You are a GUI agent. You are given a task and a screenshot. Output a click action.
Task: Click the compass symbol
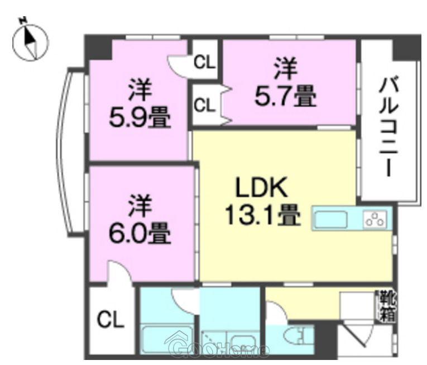[x=30, y=40]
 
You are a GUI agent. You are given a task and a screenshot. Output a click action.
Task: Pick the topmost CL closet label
[x=204, y=62]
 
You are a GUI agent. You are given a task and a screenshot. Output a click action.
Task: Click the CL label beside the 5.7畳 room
[x=204, y=105]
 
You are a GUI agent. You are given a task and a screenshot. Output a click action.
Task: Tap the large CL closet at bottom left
[x=110, y=320]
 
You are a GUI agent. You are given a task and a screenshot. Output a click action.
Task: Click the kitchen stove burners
[x=376, y=219]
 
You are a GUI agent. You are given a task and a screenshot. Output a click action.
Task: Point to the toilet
[x=297, y=338]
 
